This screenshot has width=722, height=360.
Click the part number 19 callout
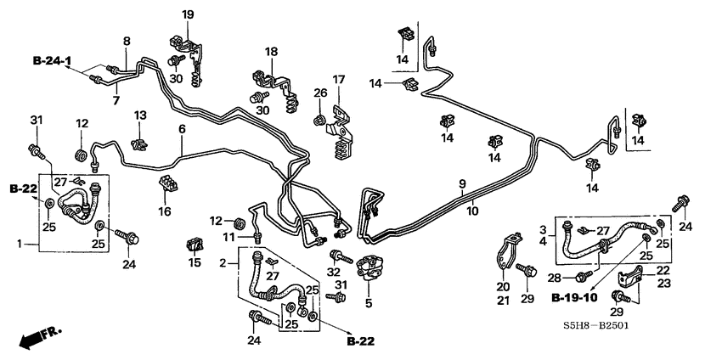[188, 14]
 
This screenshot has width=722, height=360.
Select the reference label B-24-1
[53, 60]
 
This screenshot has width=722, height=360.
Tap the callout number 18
[271, 53]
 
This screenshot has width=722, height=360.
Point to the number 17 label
[338, 80]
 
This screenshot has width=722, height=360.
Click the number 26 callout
[319, 93]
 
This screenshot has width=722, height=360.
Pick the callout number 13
[140, 114]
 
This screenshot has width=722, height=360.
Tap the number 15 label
[194, 263]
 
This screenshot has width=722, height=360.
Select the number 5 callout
[368, 302]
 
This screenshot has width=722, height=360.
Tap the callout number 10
[471, 211]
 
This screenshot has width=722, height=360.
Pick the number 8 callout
[127, 41]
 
